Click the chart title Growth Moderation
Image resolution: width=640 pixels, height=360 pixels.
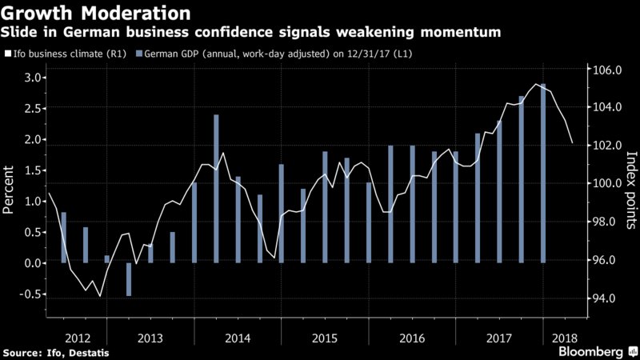point(97,13)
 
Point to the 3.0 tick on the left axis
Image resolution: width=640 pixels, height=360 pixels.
point(31,78)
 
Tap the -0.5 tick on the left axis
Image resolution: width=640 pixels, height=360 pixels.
point(29,294)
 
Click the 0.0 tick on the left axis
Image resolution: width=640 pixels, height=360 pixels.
point(31,263)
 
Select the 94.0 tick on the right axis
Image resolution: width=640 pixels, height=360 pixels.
point(605,298)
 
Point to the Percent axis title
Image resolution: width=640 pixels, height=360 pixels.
point(10,189)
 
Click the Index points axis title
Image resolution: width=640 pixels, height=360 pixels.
point(630,189)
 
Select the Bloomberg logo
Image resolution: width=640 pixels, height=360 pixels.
point(593,351)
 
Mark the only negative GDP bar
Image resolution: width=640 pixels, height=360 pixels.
point(129,279)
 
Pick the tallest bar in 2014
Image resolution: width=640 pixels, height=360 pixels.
point(216,189)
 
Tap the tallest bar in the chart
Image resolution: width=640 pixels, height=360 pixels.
point(543,173)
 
